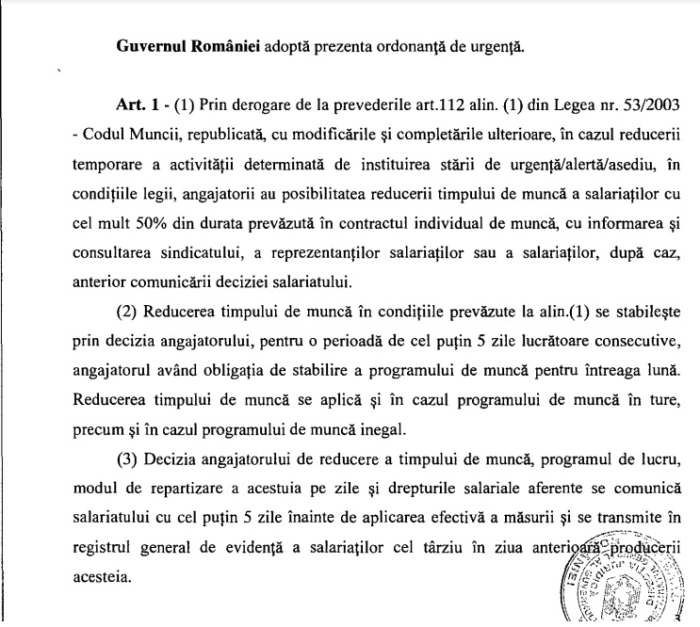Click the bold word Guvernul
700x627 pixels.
point(150,46)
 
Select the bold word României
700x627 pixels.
point(220,46)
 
